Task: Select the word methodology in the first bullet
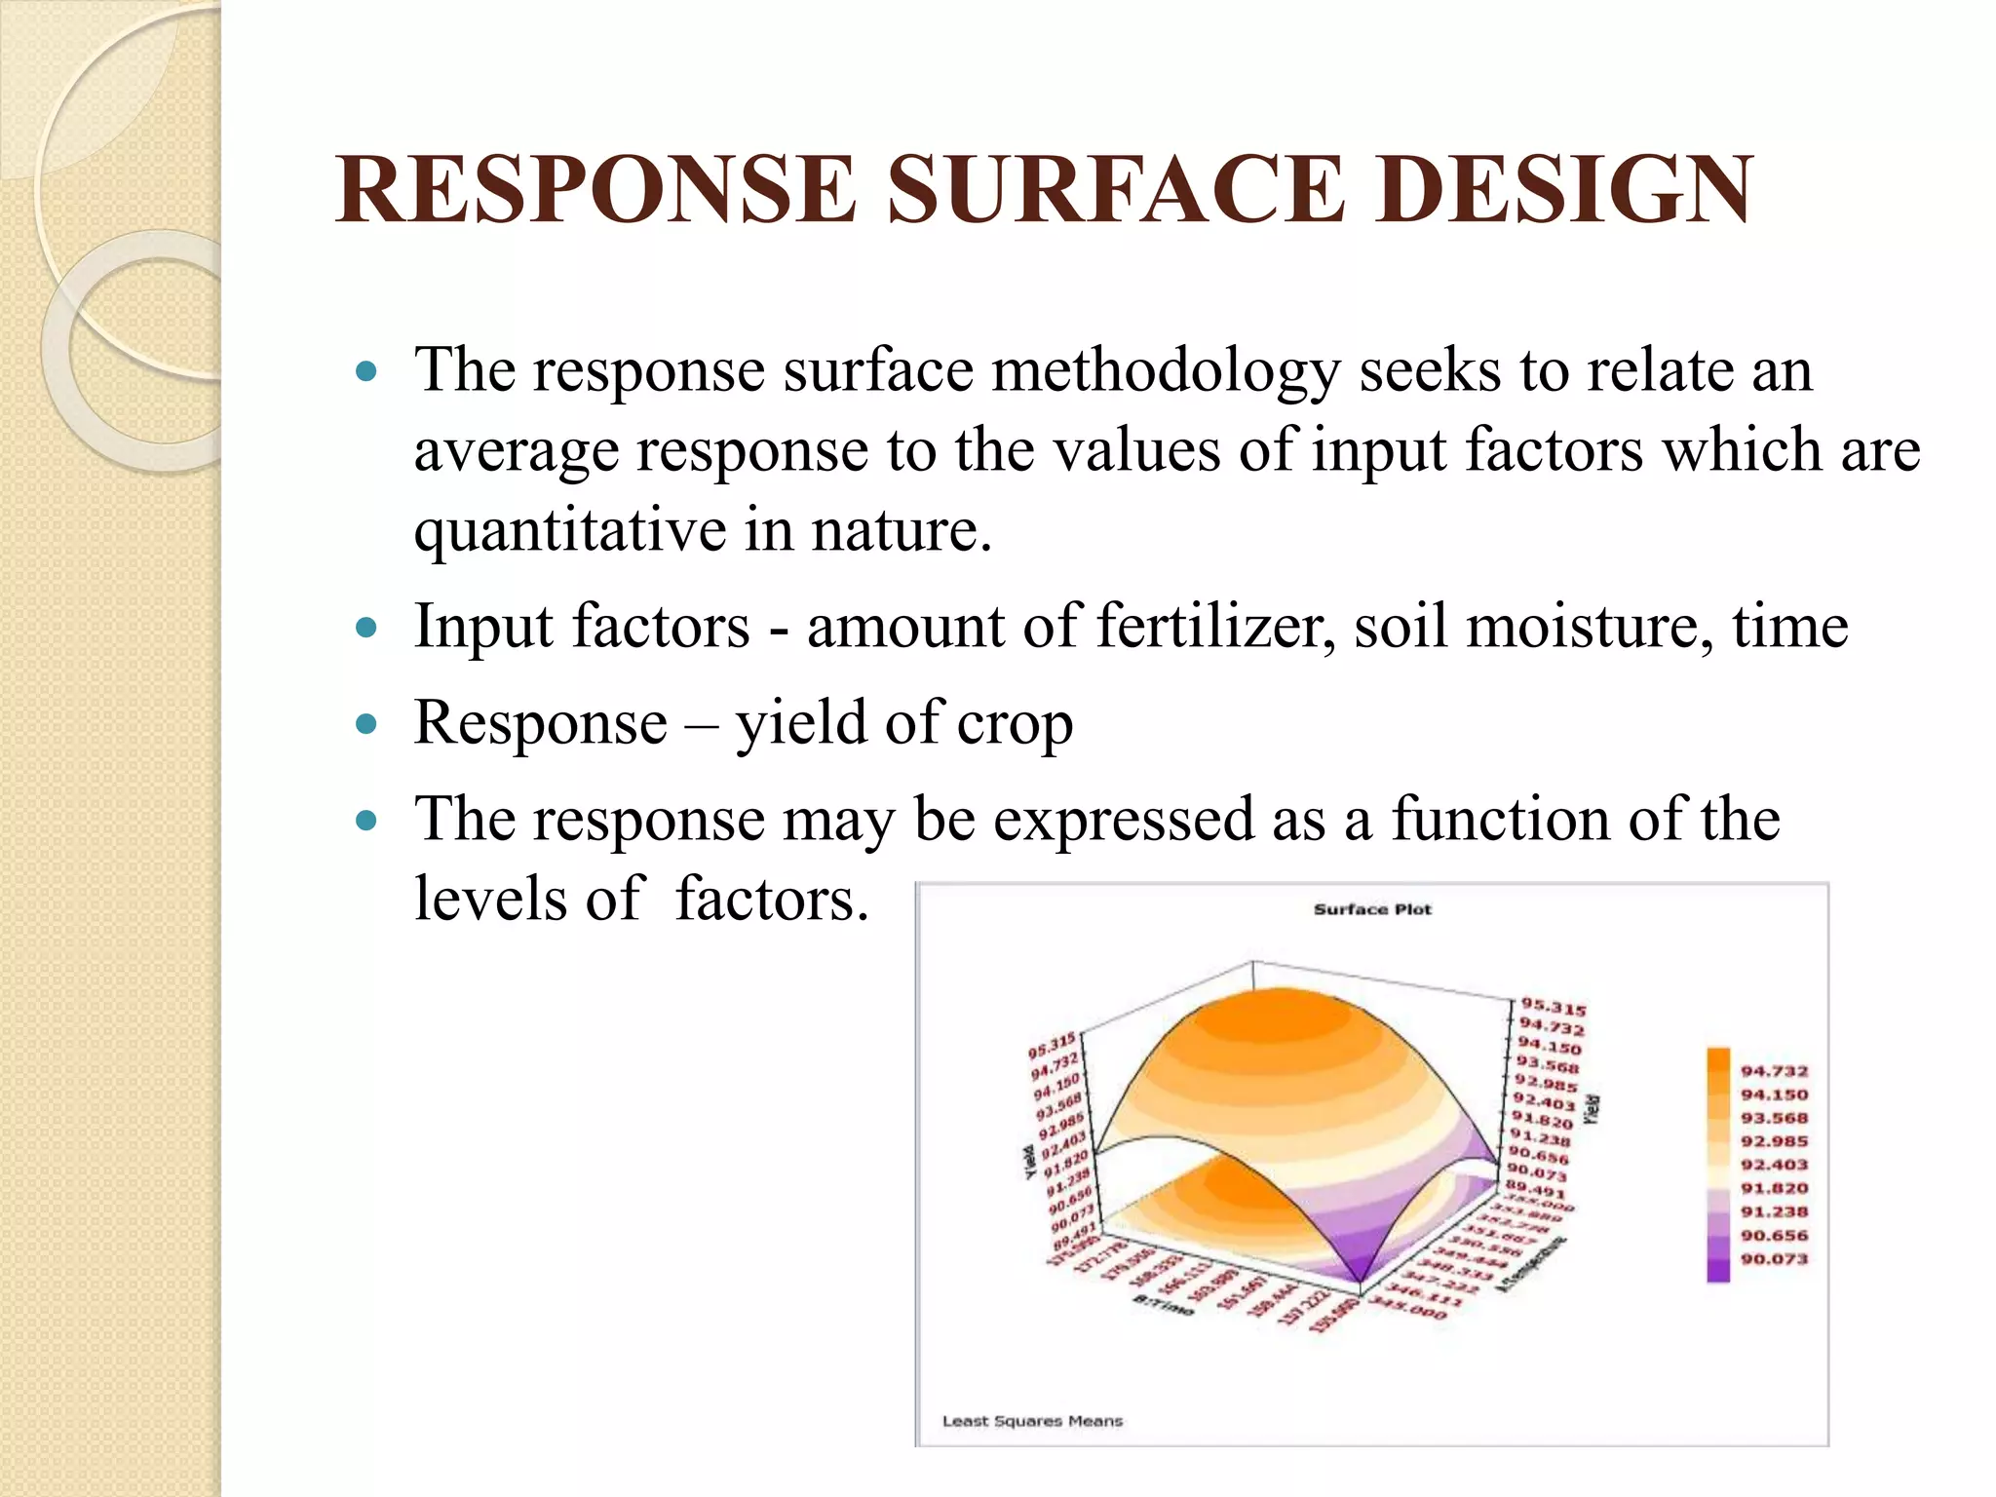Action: tap(1166, 371)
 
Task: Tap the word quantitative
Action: tap(569, 531)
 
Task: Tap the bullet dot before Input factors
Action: tap(366, 627)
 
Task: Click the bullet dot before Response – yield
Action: tap(366, 724)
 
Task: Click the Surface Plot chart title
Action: tap(1372, 909)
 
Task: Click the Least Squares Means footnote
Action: tap(1032, 1421)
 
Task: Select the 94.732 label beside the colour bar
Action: tap(1774, 1071)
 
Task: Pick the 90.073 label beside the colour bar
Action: tap(1774, 1259)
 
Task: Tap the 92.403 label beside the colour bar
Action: tap(1774, 1165)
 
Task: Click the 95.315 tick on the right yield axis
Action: tap(1554, 1008)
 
